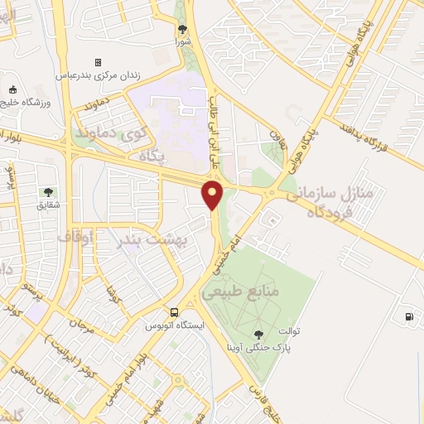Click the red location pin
213,195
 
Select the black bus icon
174,312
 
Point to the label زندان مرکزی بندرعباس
99,75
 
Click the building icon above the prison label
98,62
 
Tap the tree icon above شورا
182,29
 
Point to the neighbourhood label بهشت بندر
163,239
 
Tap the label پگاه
153,155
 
